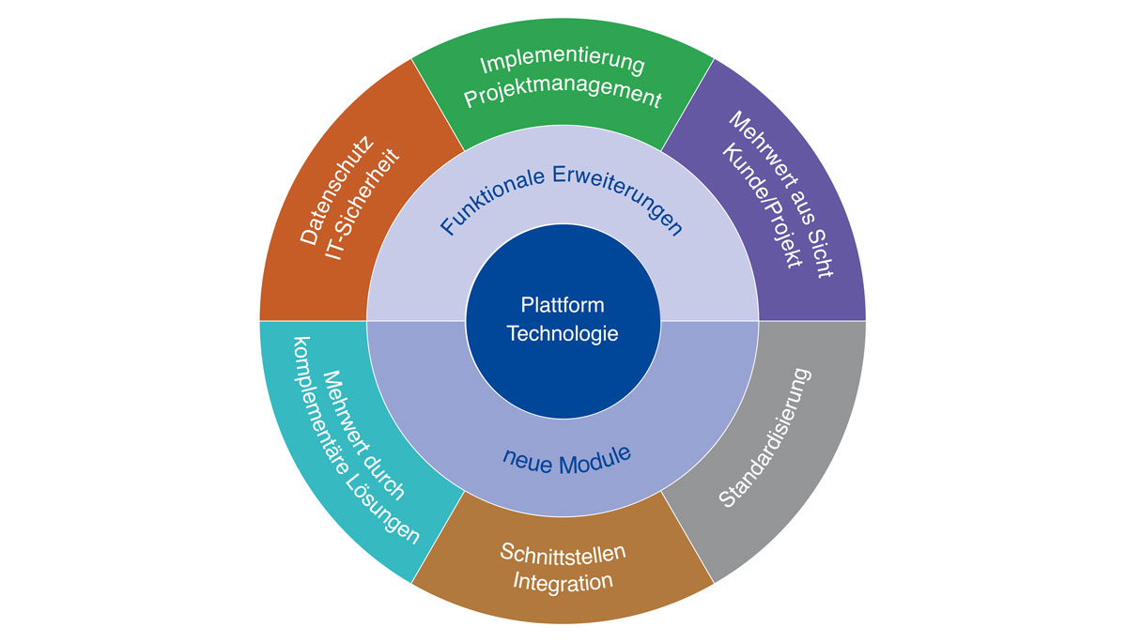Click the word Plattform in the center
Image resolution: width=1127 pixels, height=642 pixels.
coord(563,306)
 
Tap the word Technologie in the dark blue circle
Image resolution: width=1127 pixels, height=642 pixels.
coord(563,334)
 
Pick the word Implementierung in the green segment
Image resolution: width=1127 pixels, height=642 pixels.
coord(563,65)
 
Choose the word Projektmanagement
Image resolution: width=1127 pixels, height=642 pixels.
coord(563,97)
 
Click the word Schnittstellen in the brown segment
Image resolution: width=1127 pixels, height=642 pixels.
coord(563,551)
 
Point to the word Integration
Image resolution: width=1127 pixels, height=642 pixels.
coord(563,582)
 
